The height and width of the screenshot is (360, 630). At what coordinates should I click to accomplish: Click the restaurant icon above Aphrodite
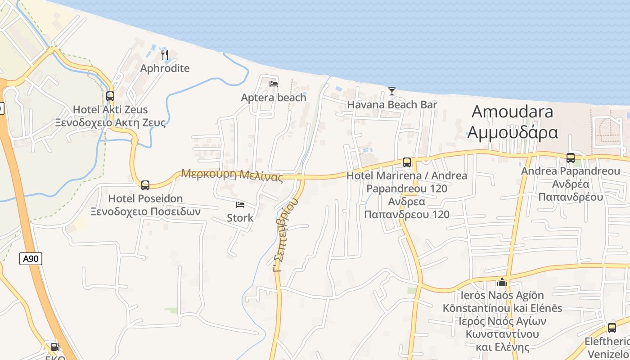(x=165, y=55)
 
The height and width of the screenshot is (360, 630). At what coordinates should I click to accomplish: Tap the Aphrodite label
(x=165, y=68)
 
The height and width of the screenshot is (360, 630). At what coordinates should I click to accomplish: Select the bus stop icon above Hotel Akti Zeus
(x=110, y=96)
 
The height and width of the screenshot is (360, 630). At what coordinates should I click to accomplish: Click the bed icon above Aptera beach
(x=273, y=84)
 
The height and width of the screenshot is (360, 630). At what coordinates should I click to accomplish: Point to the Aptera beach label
(x=273, y=98)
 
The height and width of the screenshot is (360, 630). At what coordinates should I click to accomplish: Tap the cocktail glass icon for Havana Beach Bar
(x=392, y=91)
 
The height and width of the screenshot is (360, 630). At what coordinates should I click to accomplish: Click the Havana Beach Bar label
(x=392, y=105)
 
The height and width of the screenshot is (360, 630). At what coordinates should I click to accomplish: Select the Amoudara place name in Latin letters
(x=512, y=112)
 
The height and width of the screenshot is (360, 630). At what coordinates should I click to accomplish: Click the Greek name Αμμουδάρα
(x=513, y=132)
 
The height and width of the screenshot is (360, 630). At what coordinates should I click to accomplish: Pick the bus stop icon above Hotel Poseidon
(x=145, y=185)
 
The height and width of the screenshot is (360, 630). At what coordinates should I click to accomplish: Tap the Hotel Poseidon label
(x=145, y=198)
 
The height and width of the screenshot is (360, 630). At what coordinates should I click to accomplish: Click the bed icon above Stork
(x=240, y=205)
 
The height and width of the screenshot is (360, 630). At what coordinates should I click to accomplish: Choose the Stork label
(x=240, y=218)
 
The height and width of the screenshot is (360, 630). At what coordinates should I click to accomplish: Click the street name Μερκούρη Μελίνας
(x=232, y=175)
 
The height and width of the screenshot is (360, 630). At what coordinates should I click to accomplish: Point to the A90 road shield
(x=31, y=259)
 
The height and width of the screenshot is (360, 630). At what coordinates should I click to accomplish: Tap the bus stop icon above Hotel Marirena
(x=407, y=162)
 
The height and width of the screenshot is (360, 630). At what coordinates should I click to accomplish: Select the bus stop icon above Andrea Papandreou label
(x=571, y=158)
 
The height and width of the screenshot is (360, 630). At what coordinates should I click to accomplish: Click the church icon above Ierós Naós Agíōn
(x=502, y=282)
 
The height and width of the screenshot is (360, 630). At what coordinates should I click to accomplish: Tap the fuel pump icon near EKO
(x=55, y=346)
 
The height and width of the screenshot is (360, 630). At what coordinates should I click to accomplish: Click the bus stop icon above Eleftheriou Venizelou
(x=612, y=328)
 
